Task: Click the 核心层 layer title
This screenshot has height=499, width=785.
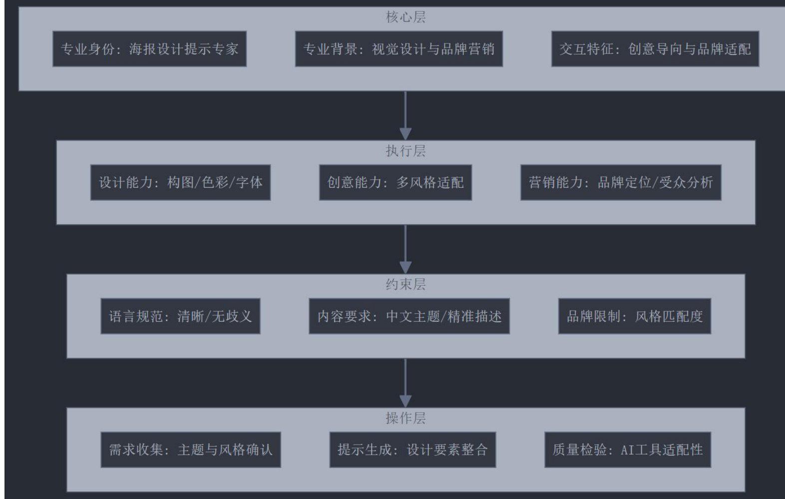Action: (x=405, y=17)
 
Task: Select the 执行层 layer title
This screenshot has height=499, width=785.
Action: (x=405, y=151)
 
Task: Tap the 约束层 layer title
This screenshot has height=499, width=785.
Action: (x=405, y=285)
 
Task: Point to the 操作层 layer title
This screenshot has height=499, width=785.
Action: (x=405, y=418)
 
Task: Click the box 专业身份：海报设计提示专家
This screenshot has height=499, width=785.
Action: (x=149, y=49)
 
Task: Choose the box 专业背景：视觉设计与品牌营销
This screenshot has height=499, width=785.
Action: (x=398, y=49)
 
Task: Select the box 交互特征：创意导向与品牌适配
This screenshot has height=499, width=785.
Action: (x=655, y=49)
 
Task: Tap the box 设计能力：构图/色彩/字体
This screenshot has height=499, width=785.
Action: (x=180, y=182)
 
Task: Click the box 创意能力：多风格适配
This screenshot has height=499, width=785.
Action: (x=395, y=182)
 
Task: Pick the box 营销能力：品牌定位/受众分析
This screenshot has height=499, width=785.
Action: (x=621, y=182)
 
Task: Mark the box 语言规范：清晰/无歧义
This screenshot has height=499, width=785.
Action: (x=180, y=316)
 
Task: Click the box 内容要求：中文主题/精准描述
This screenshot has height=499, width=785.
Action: (x=409, y=316)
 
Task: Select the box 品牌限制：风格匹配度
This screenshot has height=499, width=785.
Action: (x=634, y=316)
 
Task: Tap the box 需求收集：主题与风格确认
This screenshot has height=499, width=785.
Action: (x=190, y=450)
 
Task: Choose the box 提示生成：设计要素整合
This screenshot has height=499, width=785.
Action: (x=412, y=450)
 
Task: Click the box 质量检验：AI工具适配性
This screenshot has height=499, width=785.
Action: (x=627, y=450)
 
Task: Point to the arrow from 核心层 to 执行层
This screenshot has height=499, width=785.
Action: (x=405, y=115)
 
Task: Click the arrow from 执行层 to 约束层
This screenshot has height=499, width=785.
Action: (x=405, y=249)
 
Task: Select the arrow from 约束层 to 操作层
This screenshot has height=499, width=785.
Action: (x=405, y=382)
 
